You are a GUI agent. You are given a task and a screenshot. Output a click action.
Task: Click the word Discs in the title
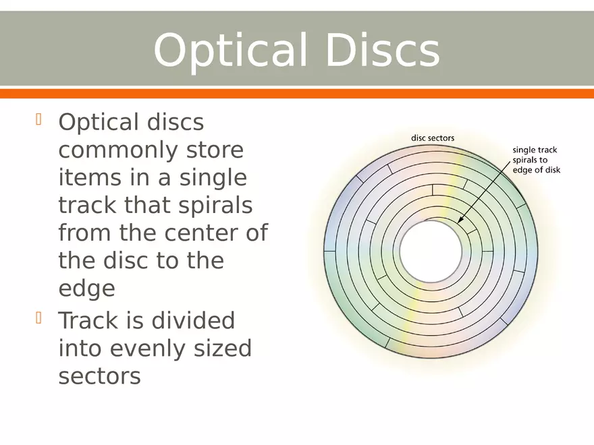tap(383, 50)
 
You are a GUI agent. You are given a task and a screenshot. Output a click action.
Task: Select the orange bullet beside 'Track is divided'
tap(38, 318)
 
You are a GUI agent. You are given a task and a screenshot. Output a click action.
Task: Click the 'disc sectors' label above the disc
tap(433, 138)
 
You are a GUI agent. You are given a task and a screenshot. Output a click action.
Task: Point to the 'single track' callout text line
tap(535, 150)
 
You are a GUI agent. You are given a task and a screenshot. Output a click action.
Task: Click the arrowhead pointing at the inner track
tap(460, 220)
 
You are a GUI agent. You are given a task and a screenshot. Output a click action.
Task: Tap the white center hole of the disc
tap(431, 251)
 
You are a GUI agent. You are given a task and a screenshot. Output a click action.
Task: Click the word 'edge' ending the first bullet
tap(87, 289)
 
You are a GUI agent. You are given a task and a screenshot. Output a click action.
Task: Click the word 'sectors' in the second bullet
tap(100, 376)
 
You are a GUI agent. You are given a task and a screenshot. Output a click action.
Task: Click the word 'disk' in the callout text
tap(552, 170)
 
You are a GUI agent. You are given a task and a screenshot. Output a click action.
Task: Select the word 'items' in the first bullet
tap(90, 178)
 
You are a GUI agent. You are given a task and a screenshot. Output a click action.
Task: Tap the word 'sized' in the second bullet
tap(223, 348)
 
